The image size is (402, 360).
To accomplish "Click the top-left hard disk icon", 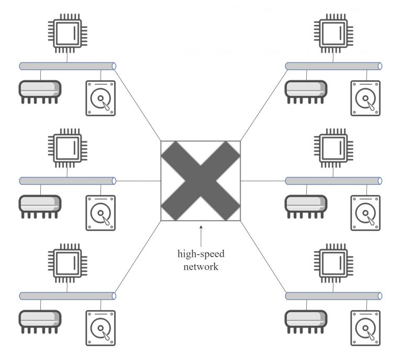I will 100,98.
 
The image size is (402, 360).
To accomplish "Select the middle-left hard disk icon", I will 100,213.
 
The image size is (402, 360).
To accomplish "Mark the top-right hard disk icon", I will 365,98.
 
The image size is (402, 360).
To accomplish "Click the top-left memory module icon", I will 40,90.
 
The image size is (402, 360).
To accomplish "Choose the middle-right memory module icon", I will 306,205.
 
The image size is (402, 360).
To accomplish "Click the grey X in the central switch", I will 200,181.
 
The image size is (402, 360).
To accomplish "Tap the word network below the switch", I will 200,266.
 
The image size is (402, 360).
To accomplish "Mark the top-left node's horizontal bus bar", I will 67,67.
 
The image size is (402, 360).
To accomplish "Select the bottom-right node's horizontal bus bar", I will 333,296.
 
